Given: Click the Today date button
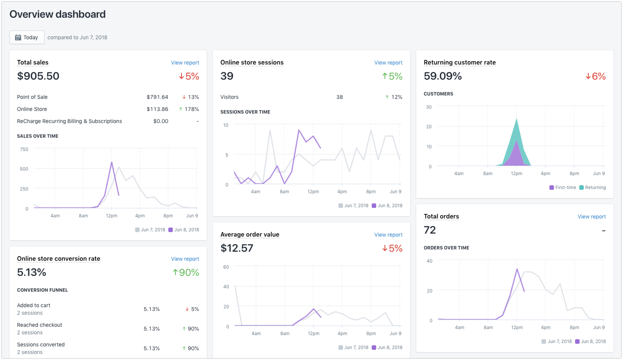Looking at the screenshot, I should click(x=27, y=37).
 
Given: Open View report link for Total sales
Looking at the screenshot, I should click(x=185, y=63).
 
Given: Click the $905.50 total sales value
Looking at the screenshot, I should click(x=38, y=76).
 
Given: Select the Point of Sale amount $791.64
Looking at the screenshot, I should click(x=157, y=97).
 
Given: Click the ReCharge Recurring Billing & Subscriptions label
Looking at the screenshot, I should click(x=69, y=121).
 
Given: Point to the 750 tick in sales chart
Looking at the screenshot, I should click(x=24, y=149).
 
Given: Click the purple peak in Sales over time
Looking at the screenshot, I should click(x=112, y=163).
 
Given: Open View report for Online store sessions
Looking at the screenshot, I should click(x=388, y=63).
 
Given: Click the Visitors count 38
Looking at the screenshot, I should click(x=340, y=97).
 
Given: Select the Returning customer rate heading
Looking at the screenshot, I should click(x=460, y=62).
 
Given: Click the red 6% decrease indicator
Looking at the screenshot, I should click(x=595, y=76).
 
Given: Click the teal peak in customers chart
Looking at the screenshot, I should click(x=517, y=120).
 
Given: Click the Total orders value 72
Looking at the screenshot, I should click(x=430, y=230).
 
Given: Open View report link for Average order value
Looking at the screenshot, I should click(x=388, y=235).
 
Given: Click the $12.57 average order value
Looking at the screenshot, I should click(x=237, y=248).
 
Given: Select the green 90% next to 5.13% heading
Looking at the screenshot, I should click(x=186, y=272).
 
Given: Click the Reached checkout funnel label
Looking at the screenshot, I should click(x=40, y=325).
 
